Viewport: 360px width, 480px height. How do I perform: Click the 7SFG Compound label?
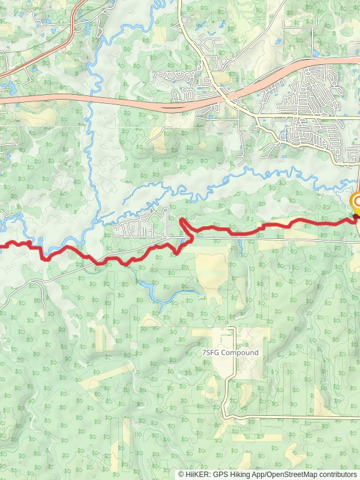(230, 353)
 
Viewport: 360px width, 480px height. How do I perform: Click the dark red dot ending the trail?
(355, 217)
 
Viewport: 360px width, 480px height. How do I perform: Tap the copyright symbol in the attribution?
(181, 474)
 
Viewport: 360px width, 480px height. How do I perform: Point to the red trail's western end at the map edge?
(2, 245)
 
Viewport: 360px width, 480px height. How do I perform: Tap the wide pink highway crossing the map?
(120, 101)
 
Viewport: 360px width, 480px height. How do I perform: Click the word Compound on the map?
(240, 353)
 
